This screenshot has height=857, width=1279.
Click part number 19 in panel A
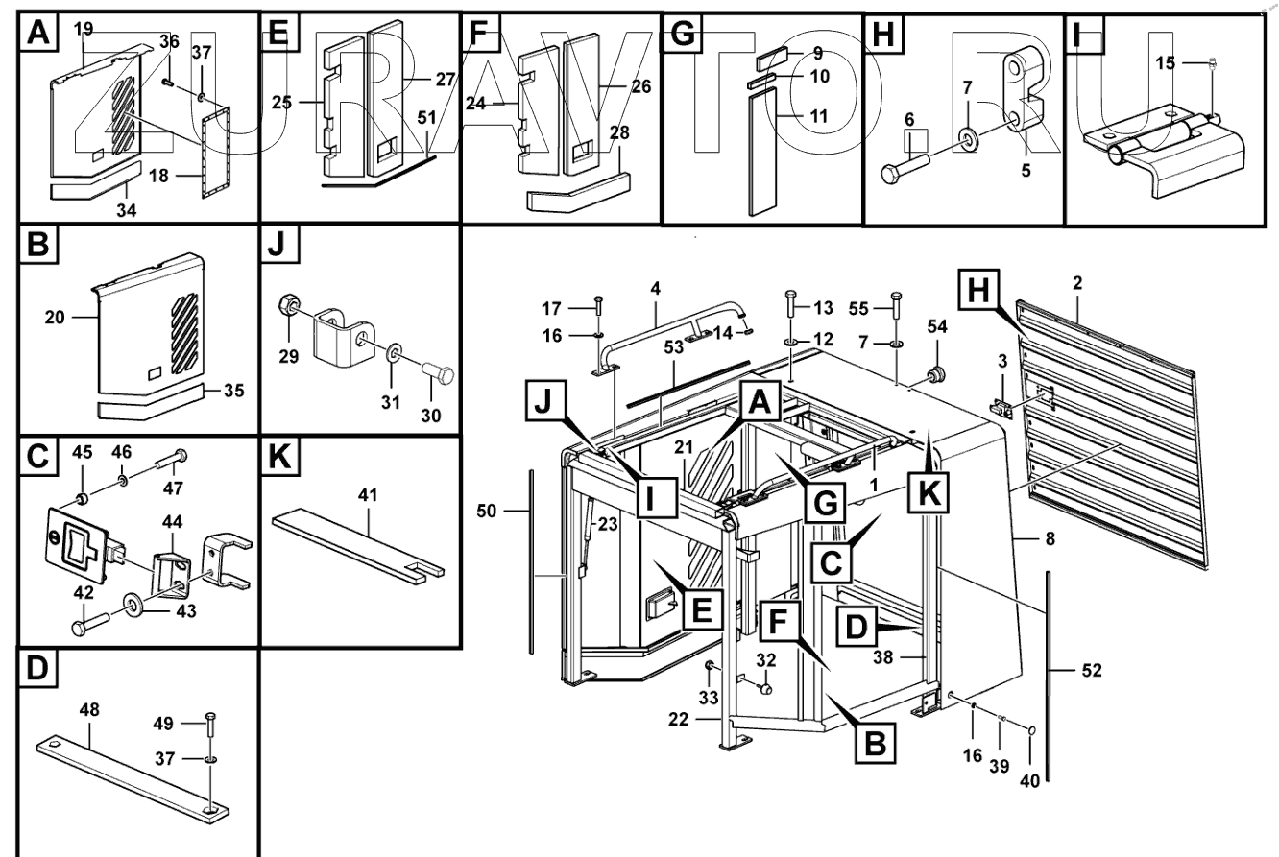click(83, 30)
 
